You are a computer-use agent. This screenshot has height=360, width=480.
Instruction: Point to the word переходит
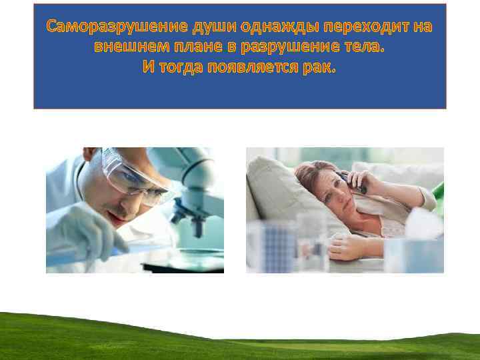point(359,27)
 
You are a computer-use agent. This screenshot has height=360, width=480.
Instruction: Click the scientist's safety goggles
point(134,172)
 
